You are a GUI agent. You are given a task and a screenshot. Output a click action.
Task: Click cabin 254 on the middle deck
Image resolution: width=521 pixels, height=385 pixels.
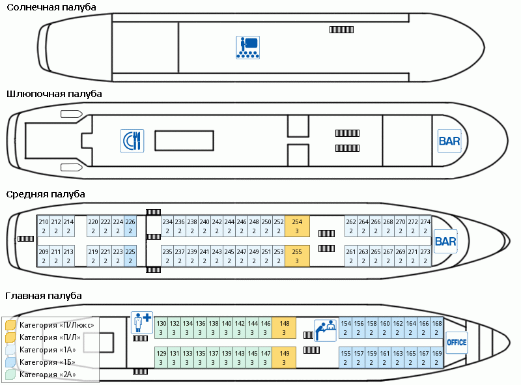point(297,226)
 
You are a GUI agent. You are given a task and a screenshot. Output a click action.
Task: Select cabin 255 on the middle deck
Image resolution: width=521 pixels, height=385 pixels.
point(297,255)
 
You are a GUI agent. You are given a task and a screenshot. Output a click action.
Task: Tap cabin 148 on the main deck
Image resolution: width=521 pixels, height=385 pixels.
point(284,328)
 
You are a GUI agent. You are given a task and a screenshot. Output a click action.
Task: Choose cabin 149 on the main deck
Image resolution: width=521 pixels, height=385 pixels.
point(284,357)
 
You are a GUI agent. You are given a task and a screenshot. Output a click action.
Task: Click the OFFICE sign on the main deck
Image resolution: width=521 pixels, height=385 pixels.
point(457,342)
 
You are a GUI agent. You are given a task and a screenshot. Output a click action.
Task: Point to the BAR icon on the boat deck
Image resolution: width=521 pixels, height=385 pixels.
point(449,141)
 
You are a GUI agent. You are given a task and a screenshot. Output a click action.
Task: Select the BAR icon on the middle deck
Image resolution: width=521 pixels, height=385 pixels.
point(445,242)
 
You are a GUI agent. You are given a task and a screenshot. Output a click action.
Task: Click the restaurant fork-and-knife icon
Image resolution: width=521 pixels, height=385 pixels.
point(132,141)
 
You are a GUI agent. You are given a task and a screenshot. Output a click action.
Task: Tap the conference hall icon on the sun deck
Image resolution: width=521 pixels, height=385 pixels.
point(247,48)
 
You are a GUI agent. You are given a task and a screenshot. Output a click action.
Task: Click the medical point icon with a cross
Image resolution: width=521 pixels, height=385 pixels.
point(141,322)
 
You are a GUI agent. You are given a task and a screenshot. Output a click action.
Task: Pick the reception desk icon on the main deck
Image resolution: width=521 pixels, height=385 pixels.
point(325,330)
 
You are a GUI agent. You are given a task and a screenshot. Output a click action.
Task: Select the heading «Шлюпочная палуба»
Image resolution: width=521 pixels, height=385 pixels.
point(54,94)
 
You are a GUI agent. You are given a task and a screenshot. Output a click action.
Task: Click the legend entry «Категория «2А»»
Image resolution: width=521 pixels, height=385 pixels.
point(48,375)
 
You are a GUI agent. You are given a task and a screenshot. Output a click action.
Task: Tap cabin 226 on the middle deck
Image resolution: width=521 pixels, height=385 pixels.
point(130,226)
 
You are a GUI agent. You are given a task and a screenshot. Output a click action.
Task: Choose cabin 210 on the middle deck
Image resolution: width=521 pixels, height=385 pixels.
point(44,226)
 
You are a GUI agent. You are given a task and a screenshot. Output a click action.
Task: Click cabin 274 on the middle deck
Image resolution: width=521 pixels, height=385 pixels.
point(425,226)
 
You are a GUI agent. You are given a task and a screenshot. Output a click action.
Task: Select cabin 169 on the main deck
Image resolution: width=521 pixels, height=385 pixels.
point(437,357)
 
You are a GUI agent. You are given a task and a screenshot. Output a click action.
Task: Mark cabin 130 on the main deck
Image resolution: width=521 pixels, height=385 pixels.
point(162,328)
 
